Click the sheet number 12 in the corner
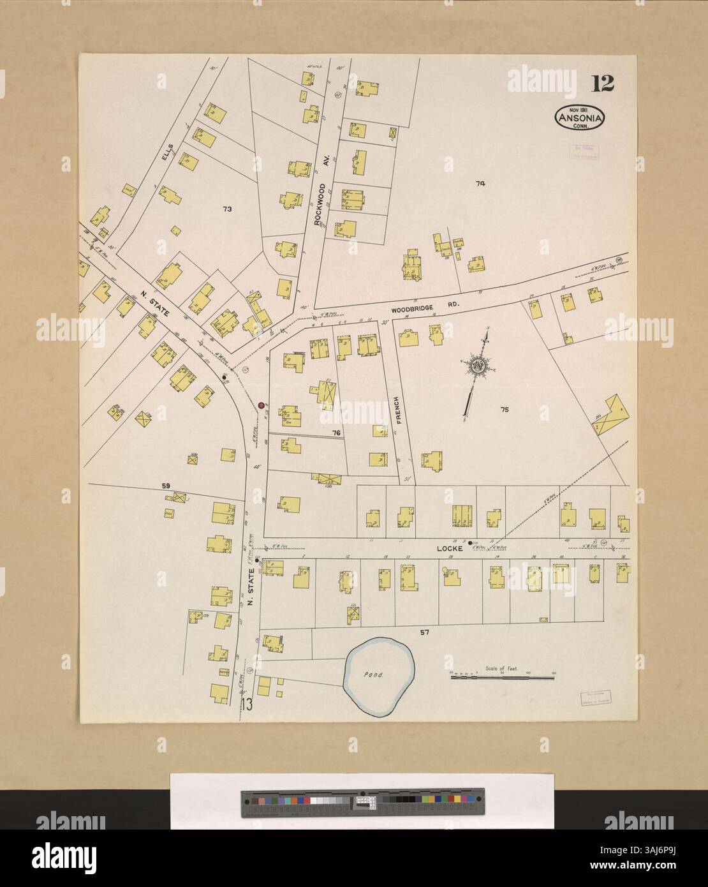(603, 83)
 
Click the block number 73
(226, 209)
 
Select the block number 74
(480, 184)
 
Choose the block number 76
(337, 433)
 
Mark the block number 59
(166, 487)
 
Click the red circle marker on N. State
(261, 405)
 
